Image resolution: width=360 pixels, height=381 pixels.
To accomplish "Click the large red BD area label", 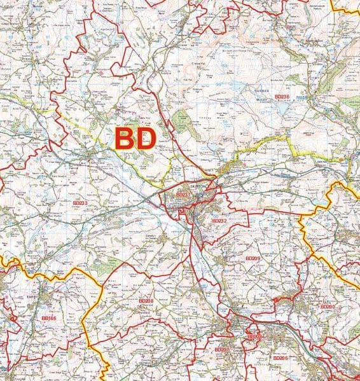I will (135, 139).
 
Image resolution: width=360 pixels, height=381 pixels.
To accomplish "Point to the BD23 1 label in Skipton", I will (183, 195).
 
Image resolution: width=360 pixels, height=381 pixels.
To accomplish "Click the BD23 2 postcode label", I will (218, 221).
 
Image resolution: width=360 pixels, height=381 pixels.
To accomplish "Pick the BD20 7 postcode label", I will (221, 350).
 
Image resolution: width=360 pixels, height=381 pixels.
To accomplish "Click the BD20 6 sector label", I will (280, 358).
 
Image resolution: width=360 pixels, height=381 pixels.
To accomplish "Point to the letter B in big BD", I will (124, 139).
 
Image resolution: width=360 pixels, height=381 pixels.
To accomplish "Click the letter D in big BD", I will (146, 139).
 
